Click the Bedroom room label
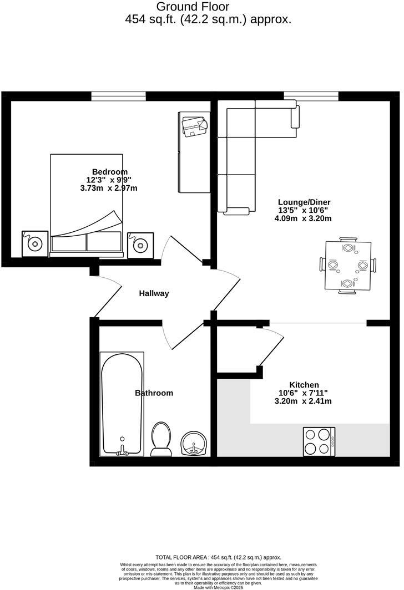pyautogui.click(x=109, y=171)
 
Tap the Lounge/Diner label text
pyautogui.click(x=304, y=202)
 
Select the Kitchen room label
pyautogui.click(x=304, y=385)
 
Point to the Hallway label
pyautogui.click(x=154, y=293)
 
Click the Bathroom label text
pyautogui.click(x=154, y=393)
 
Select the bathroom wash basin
pyautogui.click(x=194, y=444)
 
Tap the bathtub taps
pyautogui.click(x=122, y=451)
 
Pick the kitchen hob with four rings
pyautogui.click(x=319, y=441)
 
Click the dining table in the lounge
pyautogui.click(x=347, y=266)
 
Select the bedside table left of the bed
pyautogui.click(x=35, y=243)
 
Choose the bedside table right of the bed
pyautogui.click(x=140, y=244)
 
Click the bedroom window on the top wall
pyautogui.click(x=118, y=96)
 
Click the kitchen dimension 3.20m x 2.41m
pyautogui.click(x=304, y=401)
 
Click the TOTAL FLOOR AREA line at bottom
pyautogui.click(x=218, y=557)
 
